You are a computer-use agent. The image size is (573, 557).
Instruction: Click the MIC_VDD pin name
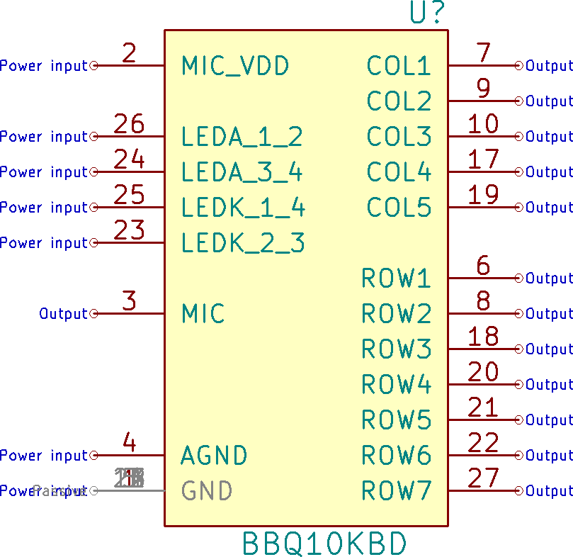click(235, 66)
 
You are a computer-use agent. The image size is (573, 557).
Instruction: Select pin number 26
click(129, 124)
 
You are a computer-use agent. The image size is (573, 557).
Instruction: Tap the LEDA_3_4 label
click(242, 172)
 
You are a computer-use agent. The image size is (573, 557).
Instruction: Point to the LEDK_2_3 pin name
click(243, 243)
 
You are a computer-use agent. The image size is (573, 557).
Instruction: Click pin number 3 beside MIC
click(129, 301)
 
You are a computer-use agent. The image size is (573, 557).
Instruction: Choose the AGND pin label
click(214, 456)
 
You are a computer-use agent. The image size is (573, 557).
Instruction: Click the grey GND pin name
click(207, 491)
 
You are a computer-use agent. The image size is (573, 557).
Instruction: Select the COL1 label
click(399, 66)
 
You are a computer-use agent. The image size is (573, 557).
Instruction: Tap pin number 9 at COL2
click(483, 89)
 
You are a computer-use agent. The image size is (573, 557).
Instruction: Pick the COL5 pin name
click(399, 208)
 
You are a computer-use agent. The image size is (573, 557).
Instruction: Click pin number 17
click(483, 159)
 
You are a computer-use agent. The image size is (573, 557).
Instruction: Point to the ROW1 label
click(396, 278)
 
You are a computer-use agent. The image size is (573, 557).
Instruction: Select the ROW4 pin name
click(396, 385)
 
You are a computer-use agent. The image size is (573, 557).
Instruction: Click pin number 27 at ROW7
click(483, 478)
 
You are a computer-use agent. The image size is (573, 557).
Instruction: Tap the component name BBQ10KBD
click(324, 544)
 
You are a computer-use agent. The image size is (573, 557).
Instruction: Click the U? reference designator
click(427, 13)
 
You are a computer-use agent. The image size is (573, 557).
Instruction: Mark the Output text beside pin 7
click(549, 66)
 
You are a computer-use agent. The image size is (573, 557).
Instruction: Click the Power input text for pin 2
click(43, 66)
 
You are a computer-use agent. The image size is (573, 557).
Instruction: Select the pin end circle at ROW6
click(519, 456)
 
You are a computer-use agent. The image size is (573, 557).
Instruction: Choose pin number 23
click(129, 230)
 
